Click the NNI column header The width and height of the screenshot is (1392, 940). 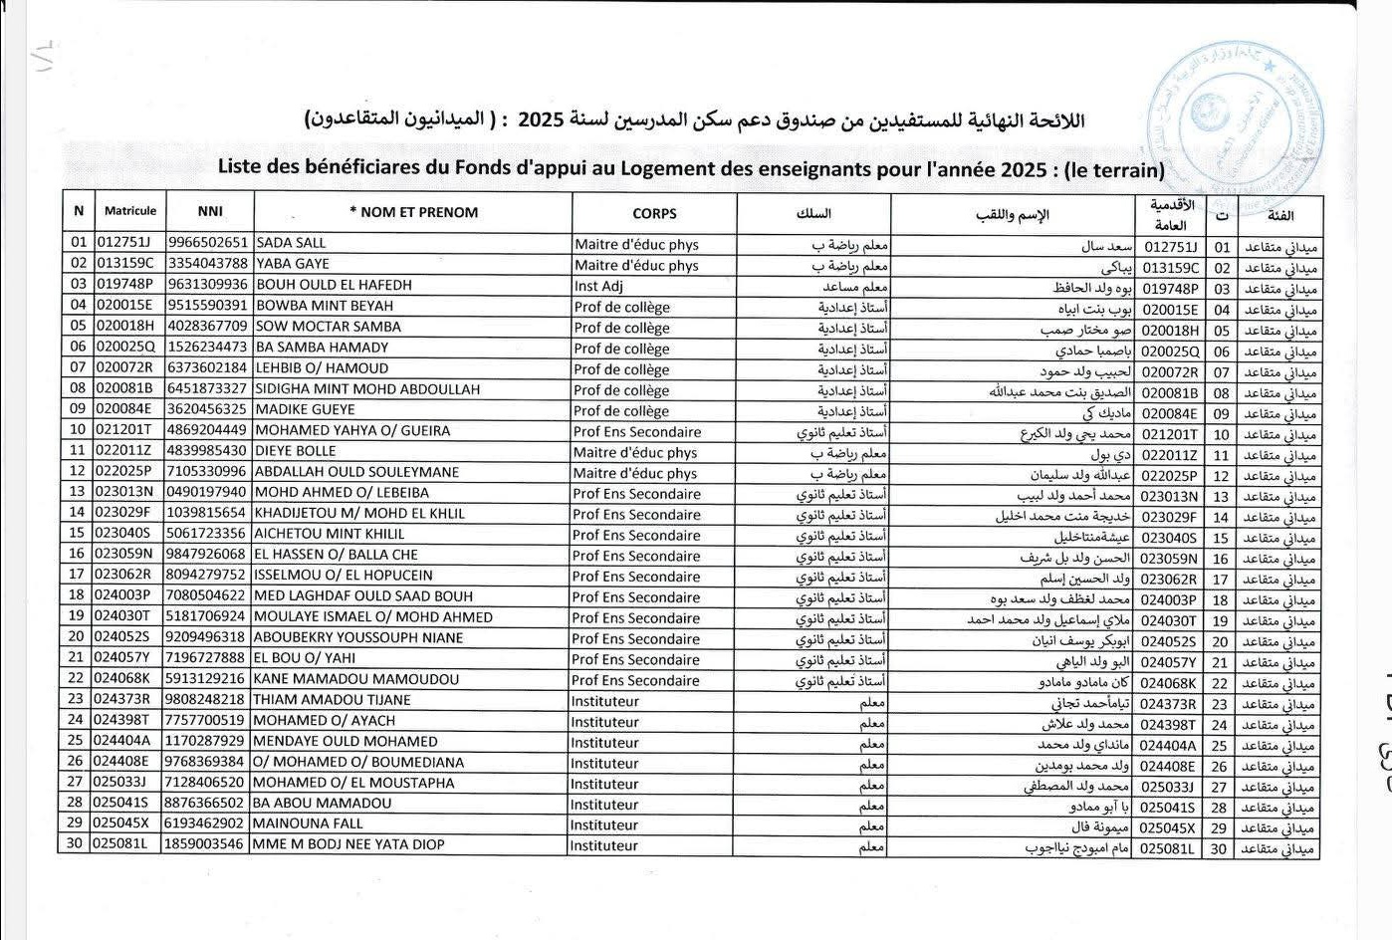click(x=210, y=211)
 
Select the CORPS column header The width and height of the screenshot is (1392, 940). click(x=654, y=213)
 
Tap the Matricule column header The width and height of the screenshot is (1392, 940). click(x=130, y=211)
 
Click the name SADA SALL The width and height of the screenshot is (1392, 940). click(x=292, y=243)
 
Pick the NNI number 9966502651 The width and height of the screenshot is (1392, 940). click(x=207, y=243)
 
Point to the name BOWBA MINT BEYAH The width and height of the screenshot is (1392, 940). click(x=325, y=306)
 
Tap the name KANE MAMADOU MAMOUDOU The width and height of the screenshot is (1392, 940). click(x=355, y=679)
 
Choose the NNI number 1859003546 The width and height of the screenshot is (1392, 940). click(x=206, y=844)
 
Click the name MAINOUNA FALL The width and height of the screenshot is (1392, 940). click(x=307, y=823)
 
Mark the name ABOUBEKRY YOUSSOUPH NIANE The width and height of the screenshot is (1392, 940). click(x=357, y=637)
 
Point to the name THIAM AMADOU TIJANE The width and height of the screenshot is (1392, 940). click(x=332, y=700)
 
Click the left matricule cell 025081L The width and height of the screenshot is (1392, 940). click(x=122, y=844)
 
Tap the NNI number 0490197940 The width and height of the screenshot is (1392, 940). click(x=206, y=493)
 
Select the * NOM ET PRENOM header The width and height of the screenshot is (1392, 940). click(x=413, y=212)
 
